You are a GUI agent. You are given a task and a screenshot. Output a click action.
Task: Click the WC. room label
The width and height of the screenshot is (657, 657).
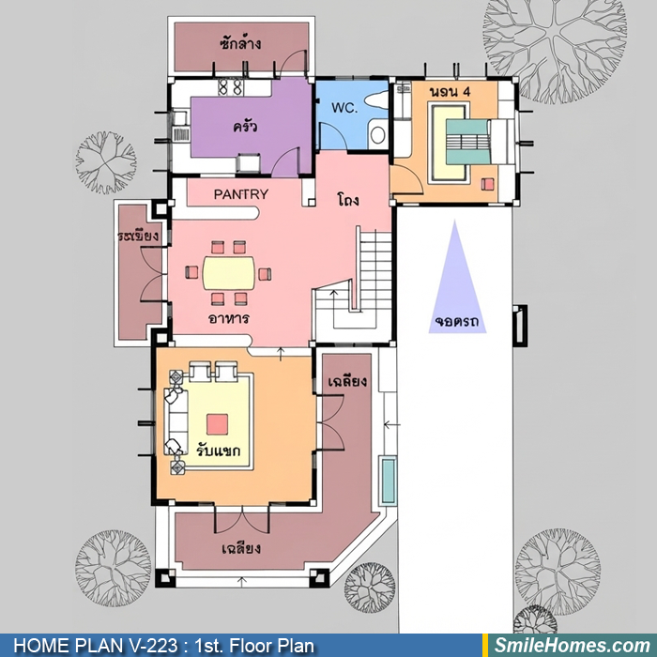point(344,108)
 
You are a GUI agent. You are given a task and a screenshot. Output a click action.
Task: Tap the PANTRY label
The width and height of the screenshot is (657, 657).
point(241,194)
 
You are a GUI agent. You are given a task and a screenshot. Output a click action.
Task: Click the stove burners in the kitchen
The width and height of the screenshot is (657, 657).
point(230,87)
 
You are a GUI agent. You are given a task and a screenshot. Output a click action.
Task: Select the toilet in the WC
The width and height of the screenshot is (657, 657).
point(378,134)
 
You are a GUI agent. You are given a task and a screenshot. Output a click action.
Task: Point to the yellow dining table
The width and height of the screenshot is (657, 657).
point(229,273)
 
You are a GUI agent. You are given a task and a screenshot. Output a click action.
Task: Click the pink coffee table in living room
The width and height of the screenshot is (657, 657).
point(218,424)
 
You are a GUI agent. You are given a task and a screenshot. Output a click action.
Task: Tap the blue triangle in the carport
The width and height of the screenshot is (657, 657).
point(457,277)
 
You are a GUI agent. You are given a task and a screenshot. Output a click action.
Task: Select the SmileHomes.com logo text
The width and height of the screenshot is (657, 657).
point(573,646)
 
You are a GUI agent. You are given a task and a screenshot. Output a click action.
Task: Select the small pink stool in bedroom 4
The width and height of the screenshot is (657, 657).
point(488,184)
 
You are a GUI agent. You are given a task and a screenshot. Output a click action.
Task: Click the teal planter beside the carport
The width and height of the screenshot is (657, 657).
point(389,481)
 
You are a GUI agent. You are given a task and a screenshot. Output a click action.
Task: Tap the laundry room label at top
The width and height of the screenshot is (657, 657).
point(241,43)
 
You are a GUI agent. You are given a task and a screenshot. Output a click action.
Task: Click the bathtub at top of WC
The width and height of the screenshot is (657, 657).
point(376,100)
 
